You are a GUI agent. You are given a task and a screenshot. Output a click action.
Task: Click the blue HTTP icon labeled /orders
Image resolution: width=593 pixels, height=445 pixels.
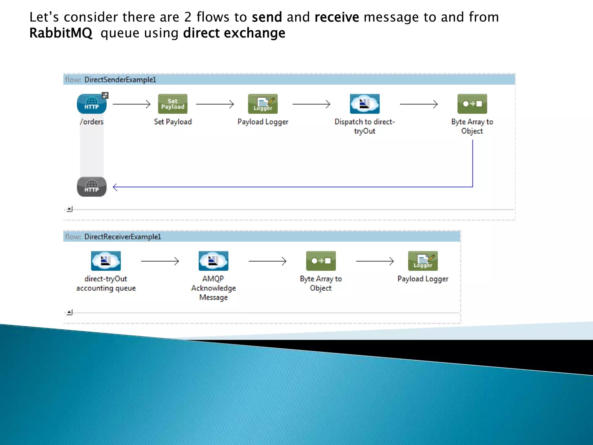(91, 104)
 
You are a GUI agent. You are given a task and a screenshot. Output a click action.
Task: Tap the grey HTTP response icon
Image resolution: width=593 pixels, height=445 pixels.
(91, 187)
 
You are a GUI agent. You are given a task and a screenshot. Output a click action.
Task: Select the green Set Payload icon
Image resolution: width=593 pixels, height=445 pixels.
(173, 104)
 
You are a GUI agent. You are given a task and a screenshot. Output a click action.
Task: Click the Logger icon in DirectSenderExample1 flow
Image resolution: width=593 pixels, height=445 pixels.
(263, 104)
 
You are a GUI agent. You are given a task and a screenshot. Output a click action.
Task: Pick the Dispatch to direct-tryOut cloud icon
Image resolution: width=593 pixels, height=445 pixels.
(365, 104)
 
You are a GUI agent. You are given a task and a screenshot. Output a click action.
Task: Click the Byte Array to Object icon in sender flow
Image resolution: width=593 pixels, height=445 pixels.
(472, 104)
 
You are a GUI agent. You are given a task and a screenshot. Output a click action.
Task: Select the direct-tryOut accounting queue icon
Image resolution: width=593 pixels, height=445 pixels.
(106, 261)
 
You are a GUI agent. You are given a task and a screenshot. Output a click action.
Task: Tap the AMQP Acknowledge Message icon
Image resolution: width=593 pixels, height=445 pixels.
(213, 261)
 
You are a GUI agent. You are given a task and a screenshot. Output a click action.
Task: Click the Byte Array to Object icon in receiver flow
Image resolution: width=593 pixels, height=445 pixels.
(321, 261)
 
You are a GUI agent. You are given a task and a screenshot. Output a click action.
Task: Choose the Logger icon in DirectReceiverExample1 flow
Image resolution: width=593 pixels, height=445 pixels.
(423, 261)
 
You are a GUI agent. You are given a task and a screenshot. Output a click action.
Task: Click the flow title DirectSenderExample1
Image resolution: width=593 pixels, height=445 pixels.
(120, 80)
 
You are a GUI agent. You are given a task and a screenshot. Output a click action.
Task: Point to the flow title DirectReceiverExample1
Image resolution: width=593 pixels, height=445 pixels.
(122, 237)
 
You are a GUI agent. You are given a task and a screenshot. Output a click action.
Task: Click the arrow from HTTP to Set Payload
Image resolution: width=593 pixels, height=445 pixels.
(132, 104)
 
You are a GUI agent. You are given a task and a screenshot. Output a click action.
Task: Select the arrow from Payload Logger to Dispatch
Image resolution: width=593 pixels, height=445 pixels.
(311, 104)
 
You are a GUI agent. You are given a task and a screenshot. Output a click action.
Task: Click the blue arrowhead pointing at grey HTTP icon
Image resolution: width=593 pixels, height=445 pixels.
(115, 187)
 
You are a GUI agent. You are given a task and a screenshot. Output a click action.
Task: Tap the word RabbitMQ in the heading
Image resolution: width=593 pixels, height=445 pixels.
(61, 33)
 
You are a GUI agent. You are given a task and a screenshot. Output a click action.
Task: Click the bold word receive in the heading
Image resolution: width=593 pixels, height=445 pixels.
(336, 17)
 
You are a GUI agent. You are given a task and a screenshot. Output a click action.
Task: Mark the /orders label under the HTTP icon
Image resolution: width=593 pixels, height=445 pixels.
(91, 122)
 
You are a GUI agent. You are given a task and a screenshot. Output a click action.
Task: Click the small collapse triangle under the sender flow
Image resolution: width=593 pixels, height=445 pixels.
(69, 209)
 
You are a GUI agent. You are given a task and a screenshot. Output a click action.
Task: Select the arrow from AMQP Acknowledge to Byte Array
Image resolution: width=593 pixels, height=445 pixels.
(267, 261)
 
